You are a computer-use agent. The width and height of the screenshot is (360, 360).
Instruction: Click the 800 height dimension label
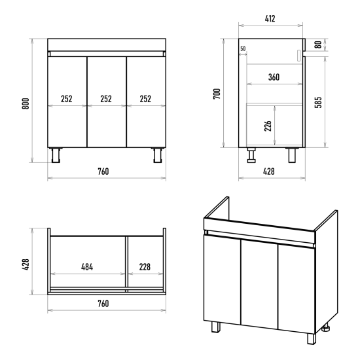click(26, 103)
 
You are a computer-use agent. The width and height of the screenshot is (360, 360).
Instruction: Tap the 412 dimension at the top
click(270, 18)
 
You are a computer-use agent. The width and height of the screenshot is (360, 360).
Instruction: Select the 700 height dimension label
click(217, 94)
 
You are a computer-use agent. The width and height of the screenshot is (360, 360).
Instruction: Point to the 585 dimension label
click(318, 102)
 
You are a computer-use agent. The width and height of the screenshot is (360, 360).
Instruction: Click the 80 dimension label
click(318, 45)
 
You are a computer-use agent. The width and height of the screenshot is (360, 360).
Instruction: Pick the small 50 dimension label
click(243, 48)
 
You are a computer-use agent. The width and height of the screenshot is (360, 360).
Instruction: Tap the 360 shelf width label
click(274, 77)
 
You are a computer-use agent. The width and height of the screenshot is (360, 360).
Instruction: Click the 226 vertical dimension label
click(268, 126)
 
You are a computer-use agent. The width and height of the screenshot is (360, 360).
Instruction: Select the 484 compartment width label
click(87, 267)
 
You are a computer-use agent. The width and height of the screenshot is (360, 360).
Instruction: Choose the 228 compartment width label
click(145, 267)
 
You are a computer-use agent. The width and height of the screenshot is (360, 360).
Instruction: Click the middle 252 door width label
click(106, 99)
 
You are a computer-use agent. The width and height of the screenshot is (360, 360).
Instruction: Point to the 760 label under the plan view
click(103, 304)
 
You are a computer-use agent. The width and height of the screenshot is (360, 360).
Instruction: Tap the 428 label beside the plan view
click(26, 264)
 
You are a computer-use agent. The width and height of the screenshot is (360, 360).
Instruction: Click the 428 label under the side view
click(268, 171)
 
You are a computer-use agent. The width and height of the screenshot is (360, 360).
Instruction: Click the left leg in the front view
click(56, 155)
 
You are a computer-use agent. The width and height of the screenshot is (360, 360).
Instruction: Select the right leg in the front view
click(158, 155)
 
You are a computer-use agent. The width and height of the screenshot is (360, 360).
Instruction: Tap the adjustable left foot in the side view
click(251, 155)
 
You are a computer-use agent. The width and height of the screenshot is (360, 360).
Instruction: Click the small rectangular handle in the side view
click(298, 56)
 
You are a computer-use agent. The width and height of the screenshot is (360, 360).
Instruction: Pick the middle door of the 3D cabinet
click(259, 285)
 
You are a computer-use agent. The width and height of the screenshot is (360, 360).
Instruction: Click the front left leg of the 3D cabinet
click(215, 327)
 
